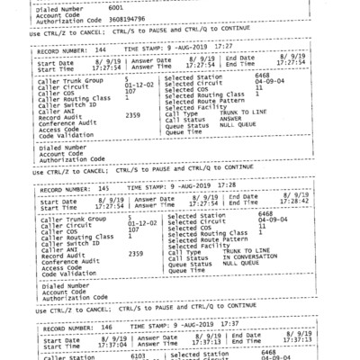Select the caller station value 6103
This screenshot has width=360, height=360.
[x=138, y=355]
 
